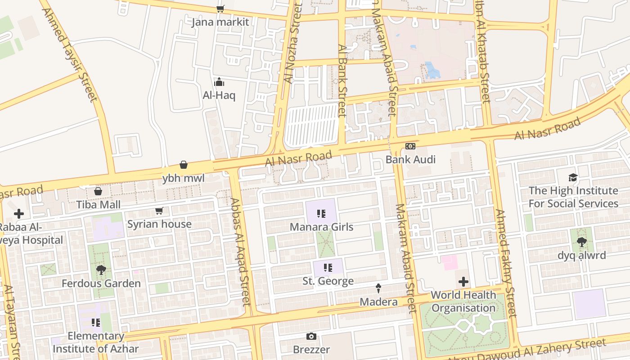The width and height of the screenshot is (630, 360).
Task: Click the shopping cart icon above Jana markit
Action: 220,9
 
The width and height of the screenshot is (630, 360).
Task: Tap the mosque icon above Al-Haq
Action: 219,82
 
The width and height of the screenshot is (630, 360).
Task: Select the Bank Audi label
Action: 411,159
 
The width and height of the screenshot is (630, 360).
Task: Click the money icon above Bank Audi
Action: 410,146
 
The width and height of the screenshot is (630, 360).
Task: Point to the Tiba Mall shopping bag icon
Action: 98,191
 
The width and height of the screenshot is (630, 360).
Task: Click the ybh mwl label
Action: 184,178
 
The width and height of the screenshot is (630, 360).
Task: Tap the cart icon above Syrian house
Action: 159,211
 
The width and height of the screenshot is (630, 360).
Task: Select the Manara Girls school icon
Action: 321,214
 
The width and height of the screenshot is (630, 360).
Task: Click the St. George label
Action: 328,281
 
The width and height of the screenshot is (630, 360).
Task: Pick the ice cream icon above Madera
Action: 378,288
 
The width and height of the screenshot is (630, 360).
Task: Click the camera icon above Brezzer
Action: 311,336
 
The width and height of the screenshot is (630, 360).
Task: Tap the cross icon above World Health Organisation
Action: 463,282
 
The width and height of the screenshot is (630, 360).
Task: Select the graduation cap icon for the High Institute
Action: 573,177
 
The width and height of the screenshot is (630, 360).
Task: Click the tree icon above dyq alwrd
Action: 582,242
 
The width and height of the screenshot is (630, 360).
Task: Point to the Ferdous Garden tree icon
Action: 101,270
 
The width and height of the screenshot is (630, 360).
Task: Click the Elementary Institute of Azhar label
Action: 96,342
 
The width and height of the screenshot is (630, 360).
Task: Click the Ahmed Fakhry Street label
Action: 505,263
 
